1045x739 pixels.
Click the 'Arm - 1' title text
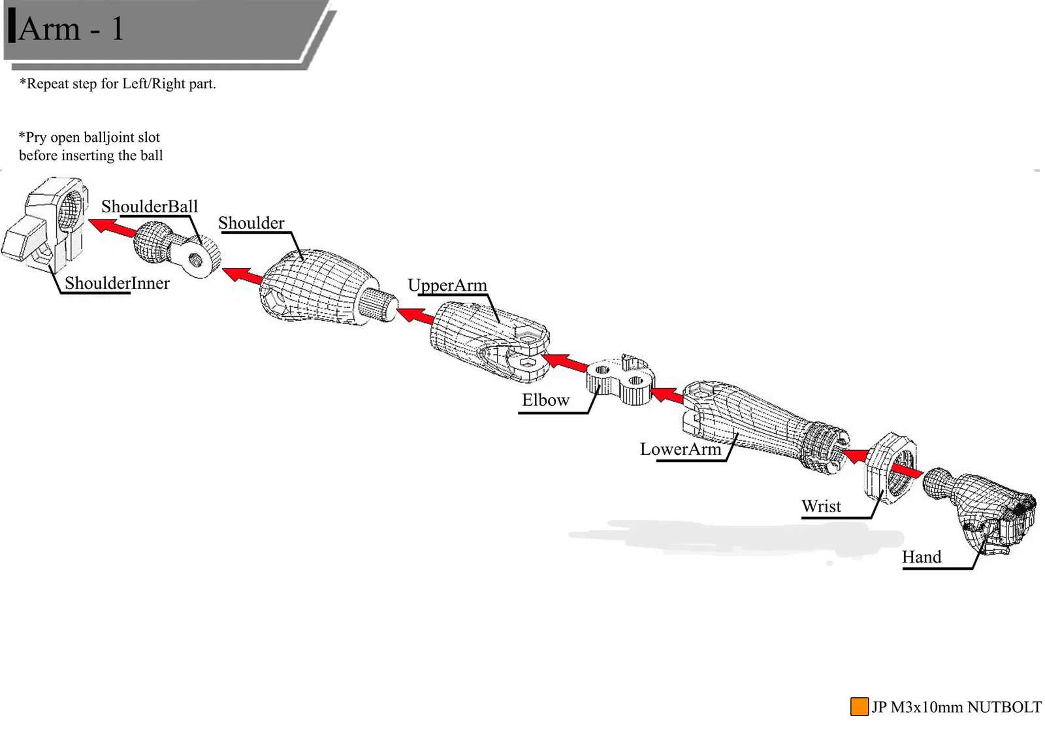[x=71, y=29]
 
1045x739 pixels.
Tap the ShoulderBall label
[x=149, y=206]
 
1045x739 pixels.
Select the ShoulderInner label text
[x=117, y=283]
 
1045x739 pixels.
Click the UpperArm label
[x=447, y=286]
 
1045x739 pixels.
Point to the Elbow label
[x=545, y=400]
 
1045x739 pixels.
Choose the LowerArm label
[x=680, y=450]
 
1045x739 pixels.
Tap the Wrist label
[x=821, y=506]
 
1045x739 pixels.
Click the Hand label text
[x=922, y=557]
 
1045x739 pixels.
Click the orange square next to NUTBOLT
[x=859, y=706]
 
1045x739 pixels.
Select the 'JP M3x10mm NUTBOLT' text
[x=956, y=707]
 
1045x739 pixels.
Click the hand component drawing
[x=986, y=510]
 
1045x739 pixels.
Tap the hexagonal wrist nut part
[x=888, y=467]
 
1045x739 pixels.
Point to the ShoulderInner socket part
[x=49, y=225]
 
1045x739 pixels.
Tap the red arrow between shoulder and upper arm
[x=415, y=316]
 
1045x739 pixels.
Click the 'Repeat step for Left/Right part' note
[x=118, y=84]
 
